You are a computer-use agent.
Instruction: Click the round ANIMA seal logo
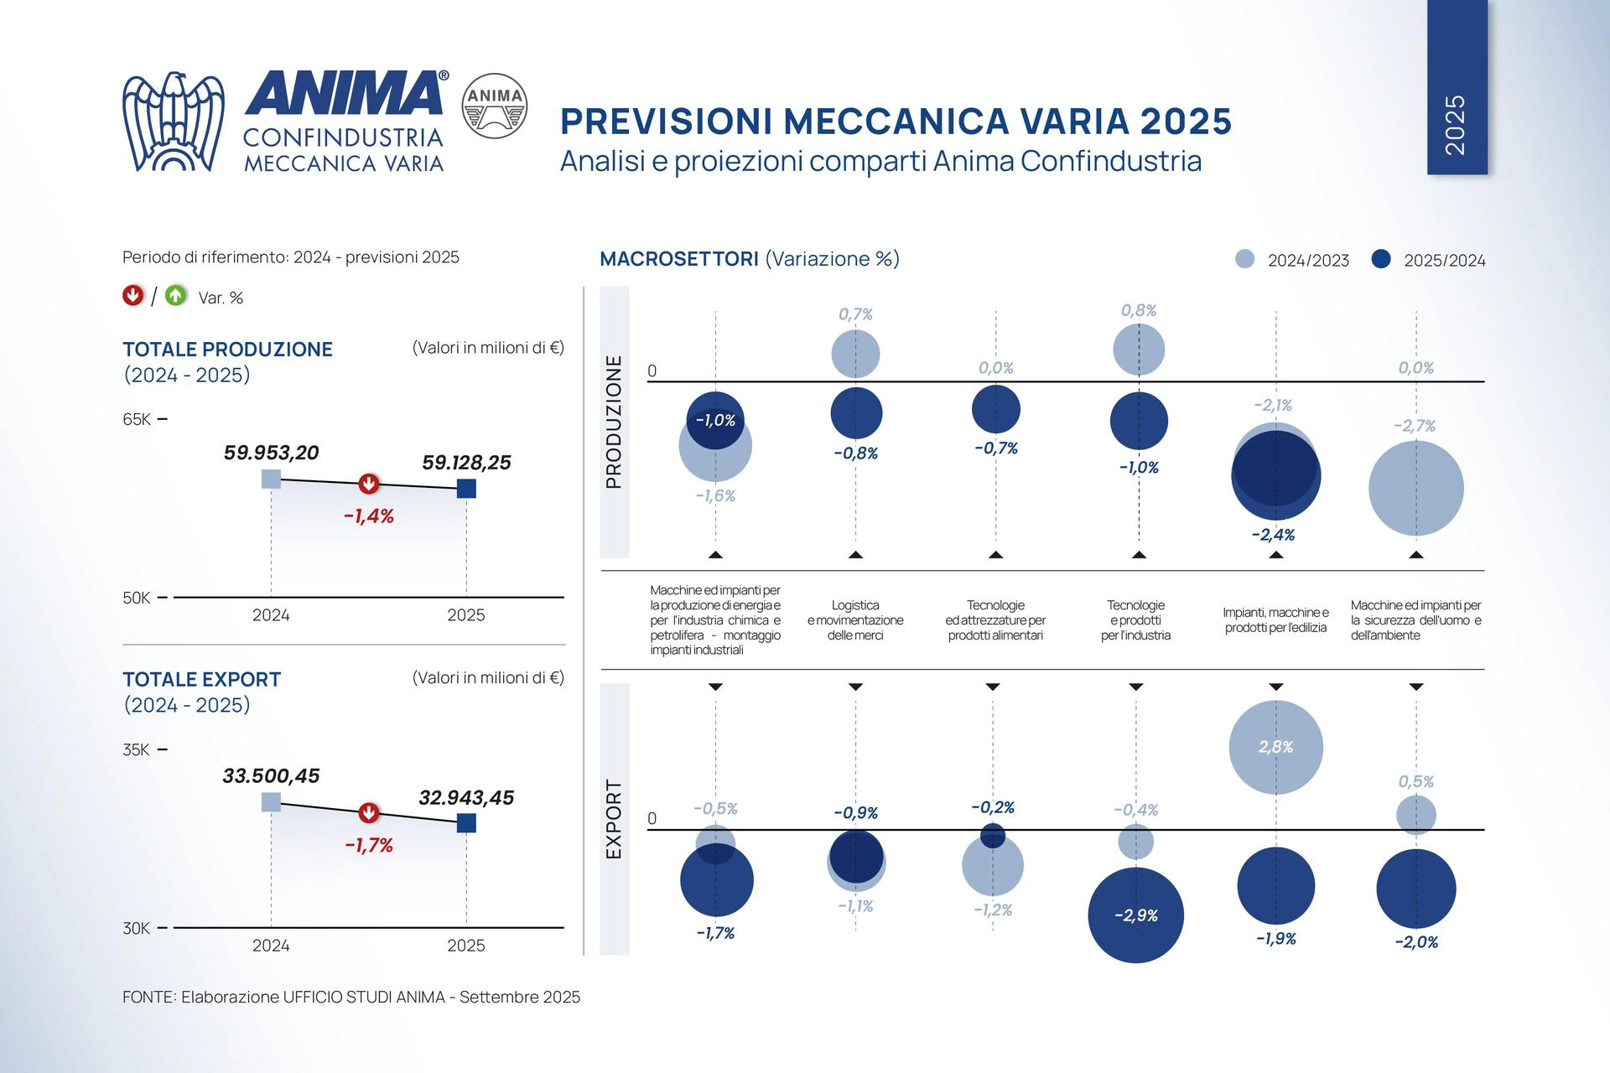point(495,105)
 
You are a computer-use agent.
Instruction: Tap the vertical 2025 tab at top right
point(1457,87)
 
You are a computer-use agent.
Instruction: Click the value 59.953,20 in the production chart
point(271,453)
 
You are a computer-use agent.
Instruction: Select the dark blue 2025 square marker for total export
point(466,822)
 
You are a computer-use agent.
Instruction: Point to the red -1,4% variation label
point(368,516)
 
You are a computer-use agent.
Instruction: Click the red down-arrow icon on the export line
point(368,813)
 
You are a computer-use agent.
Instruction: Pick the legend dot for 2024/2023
point(1245,259)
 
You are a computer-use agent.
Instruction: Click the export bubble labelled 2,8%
point(1275,747)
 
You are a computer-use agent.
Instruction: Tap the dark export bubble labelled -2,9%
point(1135,915)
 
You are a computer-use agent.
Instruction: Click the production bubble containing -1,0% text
point(715,420)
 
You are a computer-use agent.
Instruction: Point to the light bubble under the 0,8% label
point(1138,349)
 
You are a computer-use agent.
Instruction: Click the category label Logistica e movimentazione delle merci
point(854,620)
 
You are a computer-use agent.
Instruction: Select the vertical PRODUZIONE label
point(614,422)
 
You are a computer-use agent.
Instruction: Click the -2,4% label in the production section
point(1272,535)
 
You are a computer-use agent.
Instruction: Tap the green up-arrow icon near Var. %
point(175,296)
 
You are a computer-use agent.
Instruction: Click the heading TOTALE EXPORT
point(201,679)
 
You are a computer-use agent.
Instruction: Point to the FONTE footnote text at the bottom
point(351,997)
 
